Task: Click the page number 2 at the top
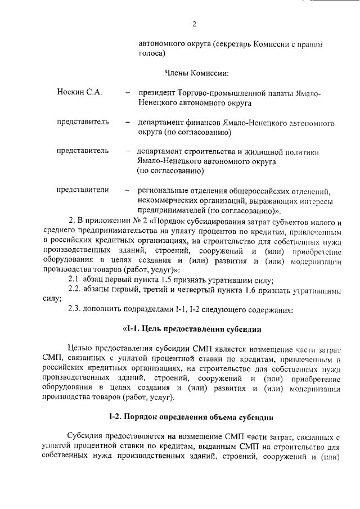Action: pyautogui.click(x=194, y=24)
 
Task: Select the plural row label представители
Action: pyautogui.click(x=83, y=190)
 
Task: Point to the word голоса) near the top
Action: pyautogui.click(x=152, y=54)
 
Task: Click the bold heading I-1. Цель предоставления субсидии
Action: pyautogui.click(x=191, y=328)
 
